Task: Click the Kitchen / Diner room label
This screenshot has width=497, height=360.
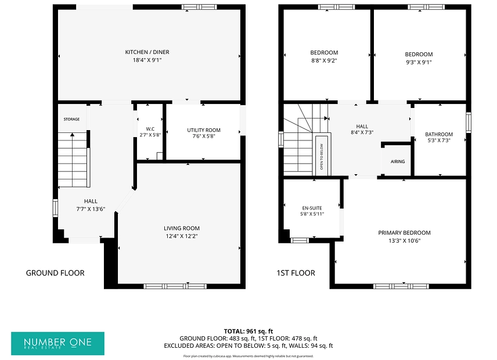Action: (x=147, y=52)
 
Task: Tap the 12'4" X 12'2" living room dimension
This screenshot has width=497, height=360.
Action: (x=182, y=236)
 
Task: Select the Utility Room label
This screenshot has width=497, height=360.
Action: (x=203, y=130)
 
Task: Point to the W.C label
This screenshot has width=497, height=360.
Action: (x=150, y=129)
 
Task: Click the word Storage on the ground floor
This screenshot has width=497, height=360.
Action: (x=71, y=119)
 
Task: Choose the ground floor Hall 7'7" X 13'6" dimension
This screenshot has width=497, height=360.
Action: (x=91, y=209)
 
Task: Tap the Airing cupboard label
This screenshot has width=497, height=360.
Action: (x=398, y=161)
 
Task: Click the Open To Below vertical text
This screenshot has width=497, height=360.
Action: (x=322, y=157)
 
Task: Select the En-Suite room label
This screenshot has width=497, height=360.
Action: (x=312, y=208)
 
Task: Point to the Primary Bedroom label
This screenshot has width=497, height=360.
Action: (x=405, y=233)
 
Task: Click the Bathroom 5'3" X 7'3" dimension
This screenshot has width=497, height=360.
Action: (x=439, y=140)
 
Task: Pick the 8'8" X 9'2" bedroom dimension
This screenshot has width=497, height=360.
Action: (x=324, y=60)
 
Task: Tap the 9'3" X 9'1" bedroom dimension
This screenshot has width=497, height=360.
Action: (x=419, y=62)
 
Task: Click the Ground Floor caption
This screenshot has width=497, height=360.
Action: (x=55, y=273)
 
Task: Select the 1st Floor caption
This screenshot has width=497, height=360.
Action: (x=296, y=273)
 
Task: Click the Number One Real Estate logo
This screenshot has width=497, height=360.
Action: (x=57, y=344)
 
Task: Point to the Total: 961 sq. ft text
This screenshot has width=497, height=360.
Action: (x=248, y=332)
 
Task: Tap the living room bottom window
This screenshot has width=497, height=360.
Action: (x=175, y=286)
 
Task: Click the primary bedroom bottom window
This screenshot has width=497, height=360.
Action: (x=401, y=286)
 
